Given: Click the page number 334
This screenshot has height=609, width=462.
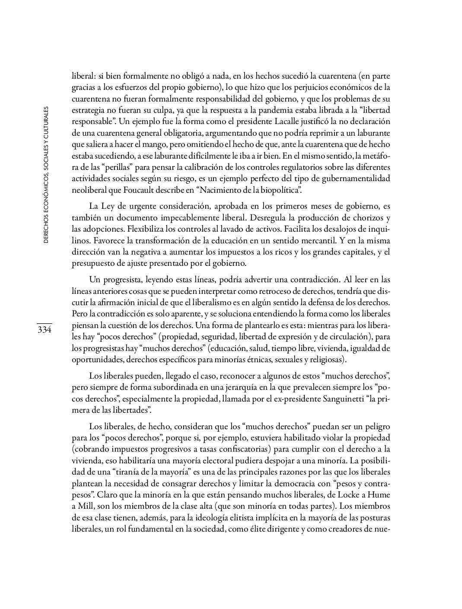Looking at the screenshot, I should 44,330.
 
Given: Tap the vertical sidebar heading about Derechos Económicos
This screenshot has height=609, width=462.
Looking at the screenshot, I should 46,175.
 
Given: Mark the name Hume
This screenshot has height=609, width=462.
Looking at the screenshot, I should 378,494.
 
